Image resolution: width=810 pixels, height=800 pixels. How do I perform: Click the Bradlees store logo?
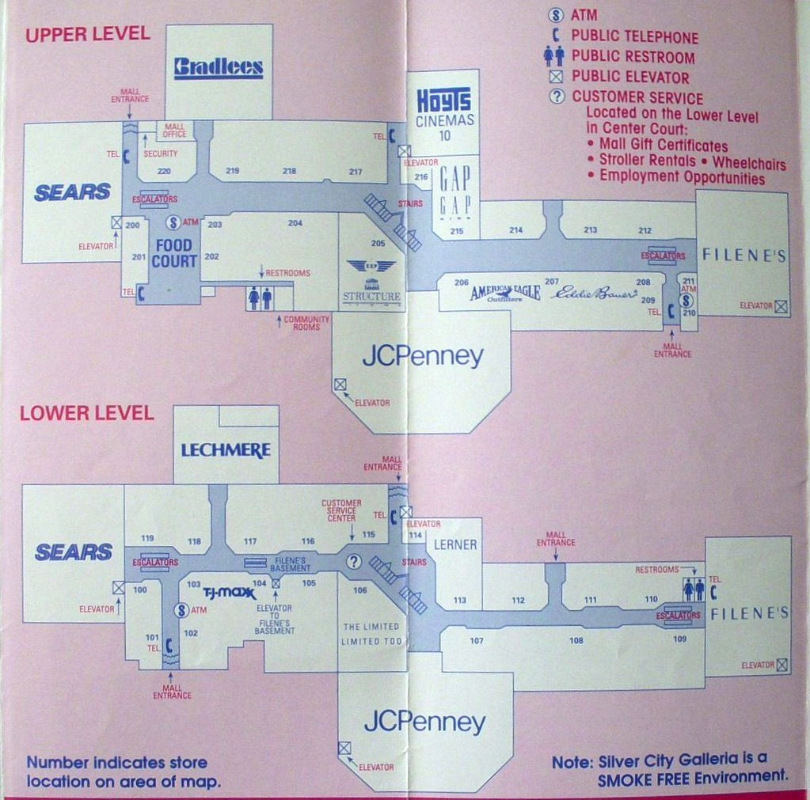(218, 67)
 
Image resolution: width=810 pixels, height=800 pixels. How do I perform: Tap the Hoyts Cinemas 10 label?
(443, 108)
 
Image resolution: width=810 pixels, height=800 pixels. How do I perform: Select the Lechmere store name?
(226, 450)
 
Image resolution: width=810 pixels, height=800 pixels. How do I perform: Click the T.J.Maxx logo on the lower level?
(230, 593)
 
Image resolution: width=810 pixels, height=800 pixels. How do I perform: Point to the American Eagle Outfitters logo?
(505, 293)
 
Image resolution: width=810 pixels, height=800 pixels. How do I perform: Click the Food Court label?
(174, 253)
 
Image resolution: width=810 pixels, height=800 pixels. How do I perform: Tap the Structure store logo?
(371, 281)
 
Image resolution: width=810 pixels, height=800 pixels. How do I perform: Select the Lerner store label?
(455, 544)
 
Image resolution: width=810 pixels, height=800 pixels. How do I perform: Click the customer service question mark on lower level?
(354, 561)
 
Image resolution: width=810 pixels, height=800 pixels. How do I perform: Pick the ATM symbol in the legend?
(557, 15)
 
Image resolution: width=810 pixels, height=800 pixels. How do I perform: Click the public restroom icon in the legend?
(553, 56)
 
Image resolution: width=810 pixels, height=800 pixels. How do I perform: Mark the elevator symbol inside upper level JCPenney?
(340, 385)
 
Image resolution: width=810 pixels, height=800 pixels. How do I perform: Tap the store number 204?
(295, 223)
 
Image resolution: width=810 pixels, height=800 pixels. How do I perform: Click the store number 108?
(576, 640)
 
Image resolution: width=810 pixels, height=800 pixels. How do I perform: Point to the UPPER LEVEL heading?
(87, 34)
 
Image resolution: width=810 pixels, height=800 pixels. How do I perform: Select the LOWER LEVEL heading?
(87, 413)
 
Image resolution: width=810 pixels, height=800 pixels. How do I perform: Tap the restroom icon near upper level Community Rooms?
(260, 298)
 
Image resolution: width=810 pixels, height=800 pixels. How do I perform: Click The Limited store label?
(371, 627)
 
